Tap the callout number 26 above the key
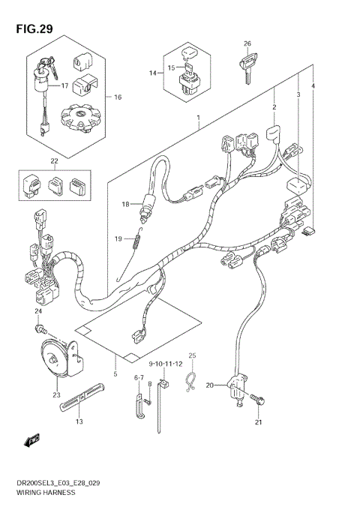pyautogui.click(x=247, y=43)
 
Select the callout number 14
pyautogui.click(x=153, y=73)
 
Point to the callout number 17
pyautogui.click(x=64, y=85)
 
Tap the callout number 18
pyautogui.click(x=126, y=204)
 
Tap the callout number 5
pyautogui.click(x=115, y=373)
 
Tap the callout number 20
pyautogui.click(x=210, y=385)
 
